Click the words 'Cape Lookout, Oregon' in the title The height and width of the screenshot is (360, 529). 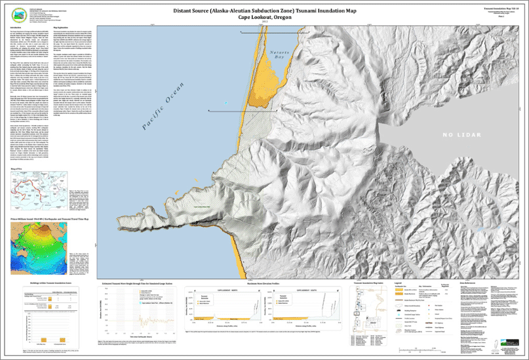point(264,18)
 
